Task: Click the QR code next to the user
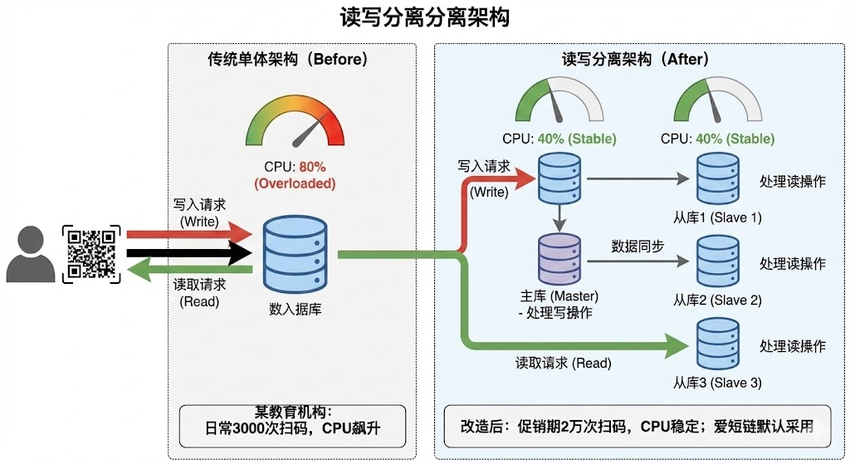point(92,252)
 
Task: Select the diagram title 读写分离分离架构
point(424,17)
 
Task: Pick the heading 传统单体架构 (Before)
point(287,60)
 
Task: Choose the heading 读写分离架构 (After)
point(635,60)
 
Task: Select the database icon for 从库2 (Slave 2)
point(717,262)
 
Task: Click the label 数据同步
point(637,246)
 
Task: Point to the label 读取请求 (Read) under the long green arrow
point(564,363)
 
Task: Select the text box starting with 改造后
point(637,427)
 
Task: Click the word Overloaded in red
point(295,183)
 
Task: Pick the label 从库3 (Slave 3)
point(717,383)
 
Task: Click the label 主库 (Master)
point(557,295)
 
